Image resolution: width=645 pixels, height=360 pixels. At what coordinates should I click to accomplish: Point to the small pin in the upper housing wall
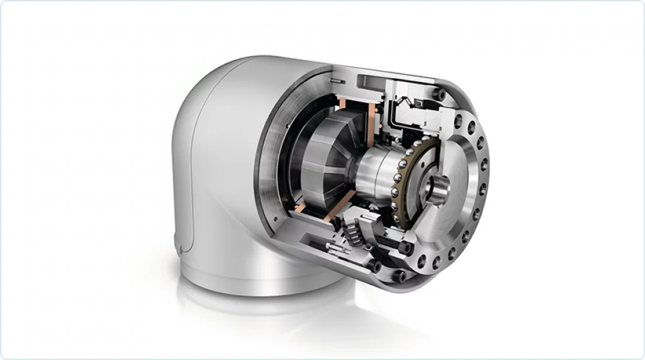[x=336, y=80]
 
